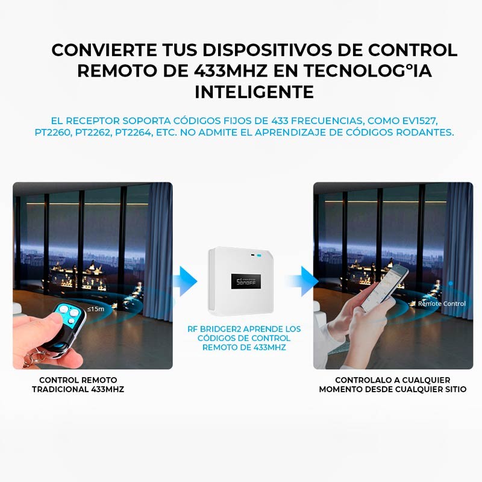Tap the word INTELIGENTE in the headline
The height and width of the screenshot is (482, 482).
click(254, 92)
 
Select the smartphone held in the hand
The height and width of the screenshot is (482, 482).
click(384, 289)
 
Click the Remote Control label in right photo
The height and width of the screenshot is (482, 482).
click(442, 304)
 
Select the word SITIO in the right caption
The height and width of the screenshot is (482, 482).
click(453, 389)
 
